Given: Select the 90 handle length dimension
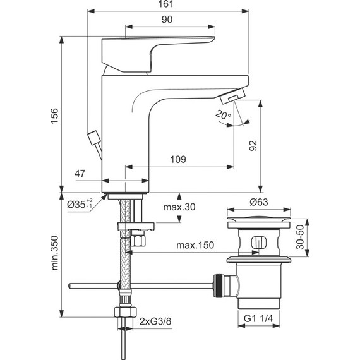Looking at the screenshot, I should (x=167, y=20).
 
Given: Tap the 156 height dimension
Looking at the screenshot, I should (x=55, y=114).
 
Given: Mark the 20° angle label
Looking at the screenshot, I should (x=222, y=116).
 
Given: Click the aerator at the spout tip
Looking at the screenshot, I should (x=231, y=97).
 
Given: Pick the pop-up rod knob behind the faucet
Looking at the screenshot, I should (x=94, y=137).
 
